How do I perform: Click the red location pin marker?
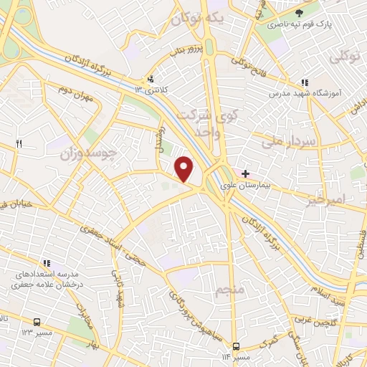point(185,169)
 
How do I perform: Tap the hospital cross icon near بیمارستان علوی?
point(245,173)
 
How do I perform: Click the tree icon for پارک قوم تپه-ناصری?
point(300,12)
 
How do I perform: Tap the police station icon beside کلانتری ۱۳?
point(151,79)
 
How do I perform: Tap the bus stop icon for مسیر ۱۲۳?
point(37,323)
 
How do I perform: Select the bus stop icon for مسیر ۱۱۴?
point(237,346)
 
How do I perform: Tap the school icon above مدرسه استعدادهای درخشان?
point(47,263)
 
